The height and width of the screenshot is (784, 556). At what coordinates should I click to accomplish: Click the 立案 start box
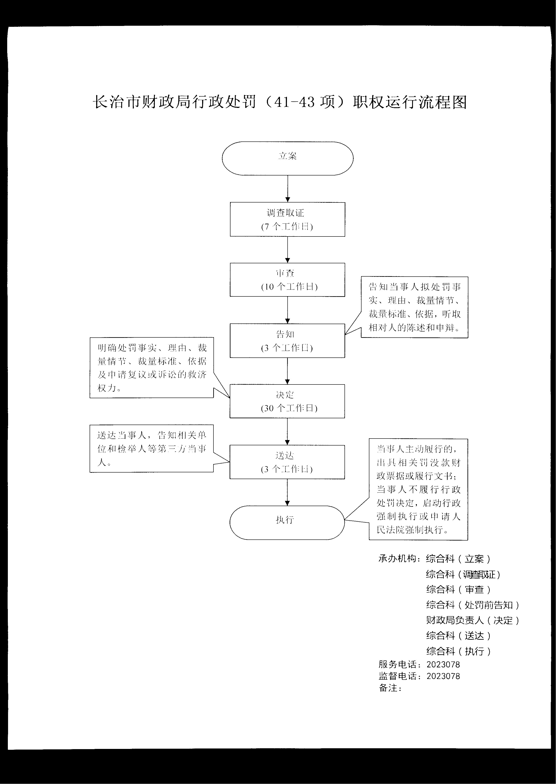tap(288, 158)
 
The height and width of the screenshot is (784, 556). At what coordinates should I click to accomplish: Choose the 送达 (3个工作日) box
tap(287, 462)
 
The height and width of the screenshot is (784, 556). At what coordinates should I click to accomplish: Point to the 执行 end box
tap(287, 522)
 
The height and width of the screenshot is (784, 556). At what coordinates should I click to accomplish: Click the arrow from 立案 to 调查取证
tap(288, 189)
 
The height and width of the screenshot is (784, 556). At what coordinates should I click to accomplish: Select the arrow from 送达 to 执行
tap(287, 492)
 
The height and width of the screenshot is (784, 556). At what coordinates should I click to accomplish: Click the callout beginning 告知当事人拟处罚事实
tap(415, 307)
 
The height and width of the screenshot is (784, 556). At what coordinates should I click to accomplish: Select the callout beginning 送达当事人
tap(152, 449)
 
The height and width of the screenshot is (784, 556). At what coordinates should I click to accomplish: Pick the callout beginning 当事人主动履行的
tap(418, 489)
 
